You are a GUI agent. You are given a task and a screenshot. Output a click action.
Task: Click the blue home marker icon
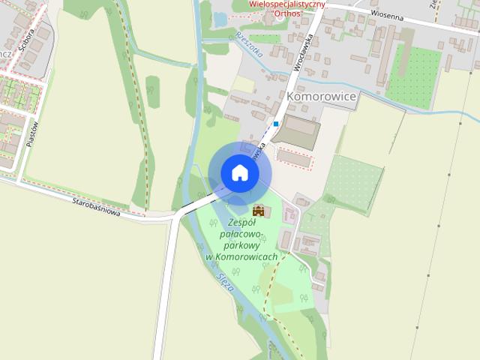pyautogui.click(x=239, y=172)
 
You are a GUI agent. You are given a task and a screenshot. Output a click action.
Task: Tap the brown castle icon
pyautogui.click(x=259, y=210)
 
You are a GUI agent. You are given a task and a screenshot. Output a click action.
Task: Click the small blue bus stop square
pyautogui.click(x=276, y=124)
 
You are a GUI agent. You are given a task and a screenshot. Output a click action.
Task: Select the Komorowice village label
pyautogui.click(x=322, y=97)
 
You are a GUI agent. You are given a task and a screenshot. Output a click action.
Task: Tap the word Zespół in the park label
pyautogui.click(x=241, y=223)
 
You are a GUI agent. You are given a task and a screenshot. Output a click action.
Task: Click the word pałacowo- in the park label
pyautogui.click(x=241, y=234)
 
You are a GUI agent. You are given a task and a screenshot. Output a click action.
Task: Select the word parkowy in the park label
pyautogui.click(x=241, y=245)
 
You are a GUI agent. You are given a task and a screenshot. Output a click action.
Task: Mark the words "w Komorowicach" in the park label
pyautogui.click(x=241, y=256)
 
